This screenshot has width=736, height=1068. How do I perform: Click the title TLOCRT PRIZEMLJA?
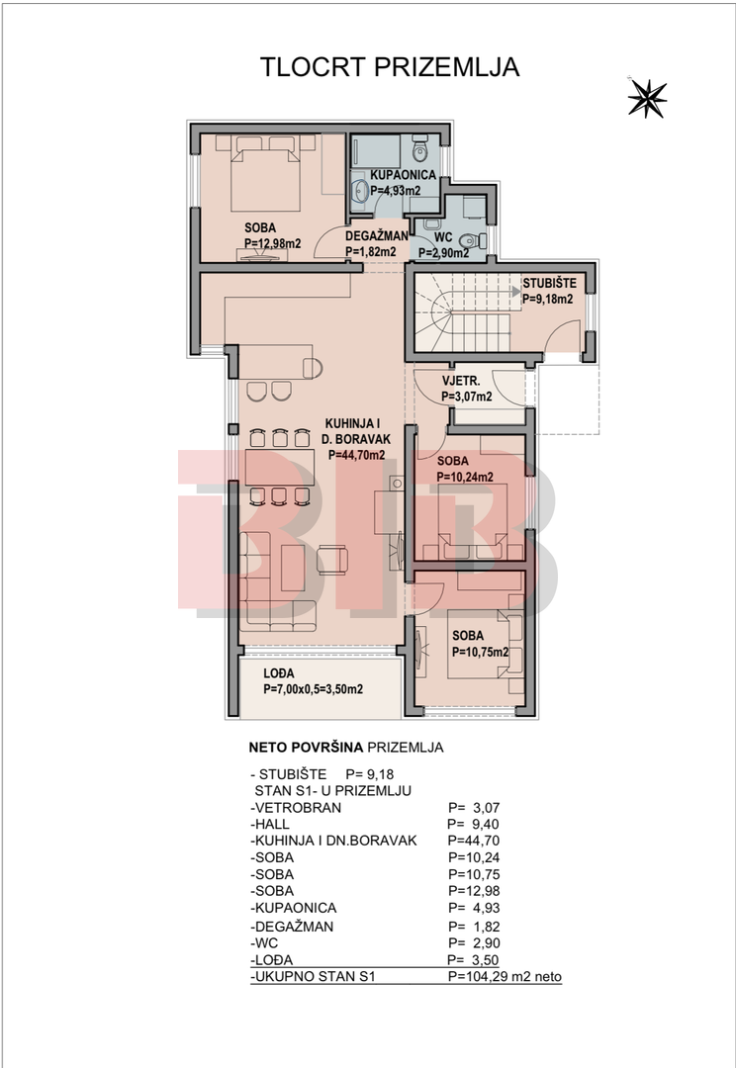click(x=390, y=67)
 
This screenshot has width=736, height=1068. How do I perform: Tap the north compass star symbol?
click(x=647, y=98)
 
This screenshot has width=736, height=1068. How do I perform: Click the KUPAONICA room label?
click(x=403, y=175)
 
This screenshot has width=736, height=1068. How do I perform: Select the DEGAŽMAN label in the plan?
click(x=376, y=236)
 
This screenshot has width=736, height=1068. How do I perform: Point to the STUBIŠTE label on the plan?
click(x=549, y=283)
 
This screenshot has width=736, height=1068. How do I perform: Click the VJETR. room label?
click(x=461, y=381)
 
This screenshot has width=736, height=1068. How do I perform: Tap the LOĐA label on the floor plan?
click(x=279, y=673)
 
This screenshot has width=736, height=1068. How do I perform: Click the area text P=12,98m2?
click(x=273, y=244)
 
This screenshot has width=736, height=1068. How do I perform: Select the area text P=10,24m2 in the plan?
click(x=466, y=477)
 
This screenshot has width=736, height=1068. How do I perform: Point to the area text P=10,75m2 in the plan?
click(x=481, y=652)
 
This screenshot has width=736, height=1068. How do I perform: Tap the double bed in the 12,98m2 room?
click(x=266, y=176)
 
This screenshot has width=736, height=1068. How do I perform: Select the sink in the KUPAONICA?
click(x=359, y=192)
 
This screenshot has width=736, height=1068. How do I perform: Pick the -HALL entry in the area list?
click(x=270, y=824)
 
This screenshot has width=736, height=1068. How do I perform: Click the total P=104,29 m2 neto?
click(x=505, y=977)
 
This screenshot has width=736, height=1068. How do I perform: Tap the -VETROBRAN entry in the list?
click(x=296, y=808)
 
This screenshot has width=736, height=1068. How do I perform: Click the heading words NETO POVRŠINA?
click(x=306, y=748)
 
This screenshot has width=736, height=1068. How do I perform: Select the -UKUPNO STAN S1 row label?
click(x=313, y=977)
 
